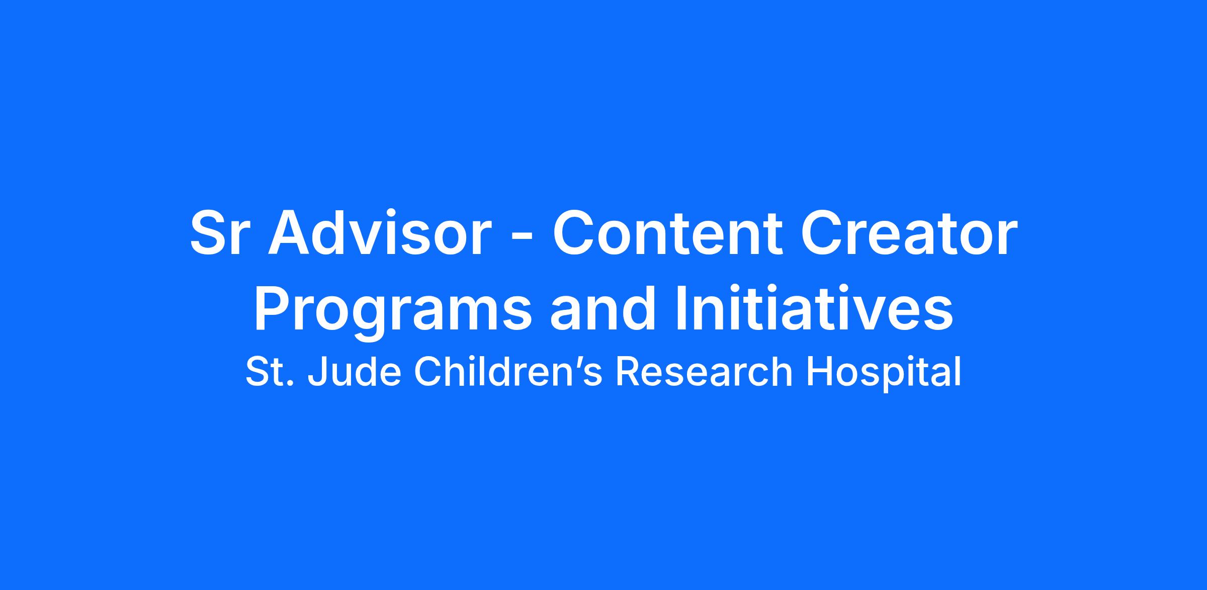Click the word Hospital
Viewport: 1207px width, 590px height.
(x=884, y=373)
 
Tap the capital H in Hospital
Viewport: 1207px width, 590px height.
(x=819, y=372)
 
